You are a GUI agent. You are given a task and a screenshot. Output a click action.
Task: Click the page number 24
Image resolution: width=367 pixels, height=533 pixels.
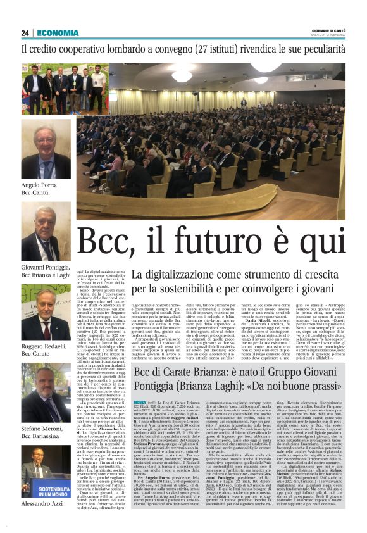pyautogui.click(x=25, y=34)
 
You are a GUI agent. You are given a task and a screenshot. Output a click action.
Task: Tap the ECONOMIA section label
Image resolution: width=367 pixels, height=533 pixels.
pyautogui.click(x=58, y=34)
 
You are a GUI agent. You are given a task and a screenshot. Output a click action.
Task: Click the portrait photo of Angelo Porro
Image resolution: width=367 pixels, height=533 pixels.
pyautogui.click(x=46, y=149)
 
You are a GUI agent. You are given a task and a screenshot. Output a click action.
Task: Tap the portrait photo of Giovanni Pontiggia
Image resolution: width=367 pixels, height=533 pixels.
pyautogui.click(x=46, y=232)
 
